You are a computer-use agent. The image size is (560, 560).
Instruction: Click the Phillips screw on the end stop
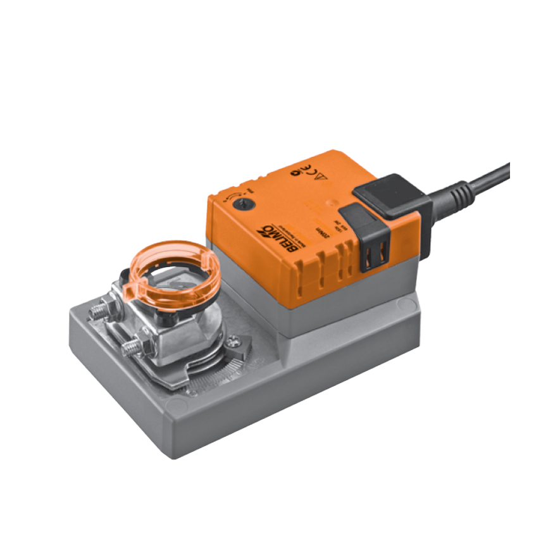pos(233,342)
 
